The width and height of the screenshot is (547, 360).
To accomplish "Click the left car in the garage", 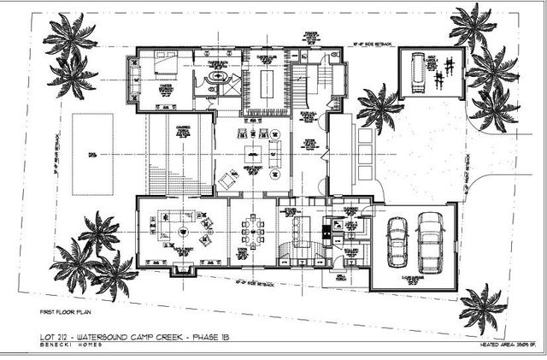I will click(397, 241).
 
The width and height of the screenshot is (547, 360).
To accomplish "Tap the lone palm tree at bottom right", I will click(483, 307).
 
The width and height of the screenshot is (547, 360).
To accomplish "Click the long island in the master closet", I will click(264, 86).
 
